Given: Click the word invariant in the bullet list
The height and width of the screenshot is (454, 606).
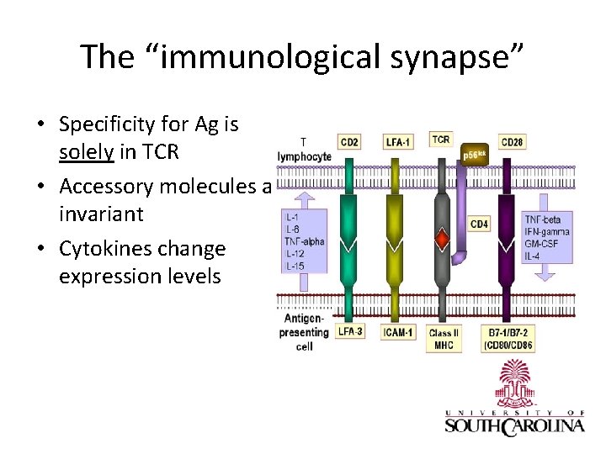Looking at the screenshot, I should coord(101,214).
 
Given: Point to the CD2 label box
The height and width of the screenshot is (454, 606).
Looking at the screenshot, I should coord(348,141).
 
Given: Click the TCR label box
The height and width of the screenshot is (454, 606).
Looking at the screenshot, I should coord(440,139).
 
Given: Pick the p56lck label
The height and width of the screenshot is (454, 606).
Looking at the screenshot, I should coord(477,155).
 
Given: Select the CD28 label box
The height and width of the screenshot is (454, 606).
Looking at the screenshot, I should coord(512,141).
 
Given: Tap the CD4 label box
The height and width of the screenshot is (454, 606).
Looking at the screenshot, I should coord(478,224).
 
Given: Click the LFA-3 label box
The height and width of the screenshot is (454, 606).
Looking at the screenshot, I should coord(350,331).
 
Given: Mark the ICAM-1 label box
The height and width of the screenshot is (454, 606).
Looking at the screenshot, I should coord(398,332).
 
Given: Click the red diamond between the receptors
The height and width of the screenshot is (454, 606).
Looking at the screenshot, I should coord(442,241).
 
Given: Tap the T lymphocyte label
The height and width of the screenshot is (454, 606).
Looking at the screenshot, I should coord(304,150).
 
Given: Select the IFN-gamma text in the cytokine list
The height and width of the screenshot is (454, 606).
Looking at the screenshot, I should coord(546,232).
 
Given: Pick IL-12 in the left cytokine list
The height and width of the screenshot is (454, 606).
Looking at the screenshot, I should coord(295,255).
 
